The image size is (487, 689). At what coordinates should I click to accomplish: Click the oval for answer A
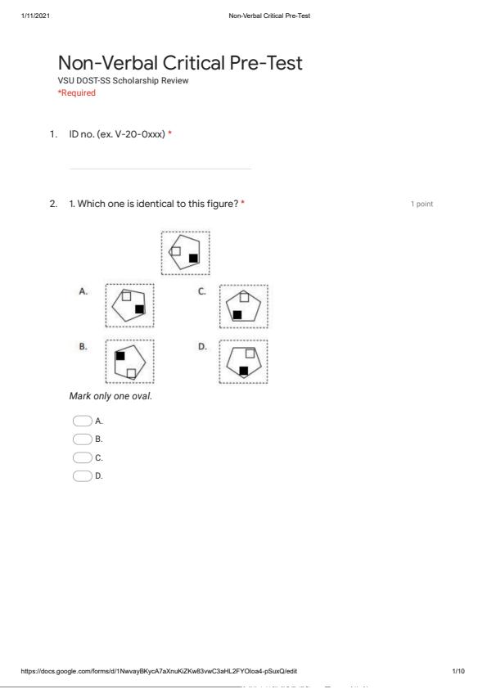[82, 421]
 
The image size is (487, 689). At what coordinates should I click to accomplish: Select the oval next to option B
[82, 439]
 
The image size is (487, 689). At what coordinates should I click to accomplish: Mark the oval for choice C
[82, 457]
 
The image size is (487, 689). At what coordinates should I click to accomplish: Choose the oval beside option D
[82, 476]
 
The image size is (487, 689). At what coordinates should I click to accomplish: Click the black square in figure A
[140, 309]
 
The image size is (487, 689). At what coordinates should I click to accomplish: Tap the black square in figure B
[120, 355]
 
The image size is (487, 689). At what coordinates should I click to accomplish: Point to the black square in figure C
[237, 314]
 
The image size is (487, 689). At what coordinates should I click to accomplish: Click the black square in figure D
[244, 371]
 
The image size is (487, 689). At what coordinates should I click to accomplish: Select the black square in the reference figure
[193, 258]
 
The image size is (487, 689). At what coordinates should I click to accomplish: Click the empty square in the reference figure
[176, 251]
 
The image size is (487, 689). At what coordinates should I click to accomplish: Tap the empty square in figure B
[131, 373]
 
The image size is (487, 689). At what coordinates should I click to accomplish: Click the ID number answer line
[160, 169]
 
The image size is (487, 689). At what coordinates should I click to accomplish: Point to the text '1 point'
[422, 204]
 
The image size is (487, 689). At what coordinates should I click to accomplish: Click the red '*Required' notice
[76, 92]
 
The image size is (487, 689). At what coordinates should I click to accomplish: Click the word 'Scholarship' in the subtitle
[135, 81]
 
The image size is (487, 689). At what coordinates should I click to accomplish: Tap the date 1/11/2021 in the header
[35, 16]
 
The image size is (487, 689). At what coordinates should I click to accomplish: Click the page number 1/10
[458, 671]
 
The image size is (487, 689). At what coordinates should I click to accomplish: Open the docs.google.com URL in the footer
[159, 671]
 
